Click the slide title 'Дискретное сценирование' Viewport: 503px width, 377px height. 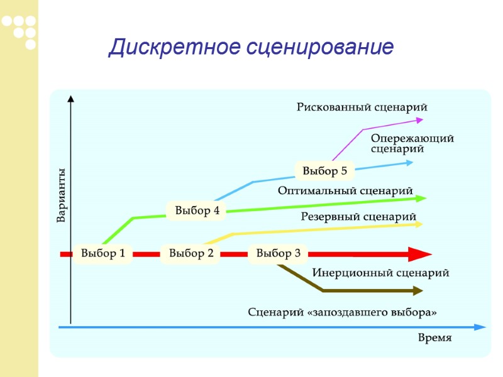point(251,48)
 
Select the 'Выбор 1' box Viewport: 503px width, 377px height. point(103,254)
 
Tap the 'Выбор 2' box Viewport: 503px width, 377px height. point(191,254)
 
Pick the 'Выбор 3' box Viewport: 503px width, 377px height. point(279,254)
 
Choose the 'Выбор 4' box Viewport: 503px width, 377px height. point(197,210)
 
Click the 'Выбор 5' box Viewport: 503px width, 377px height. point(324,170)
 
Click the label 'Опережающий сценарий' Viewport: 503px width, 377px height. point(412,143)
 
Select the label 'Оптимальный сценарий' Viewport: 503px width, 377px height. point(345,190)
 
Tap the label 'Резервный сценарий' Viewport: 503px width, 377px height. point(358,217)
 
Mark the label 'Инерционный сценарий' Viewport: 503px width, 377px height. point(380,273)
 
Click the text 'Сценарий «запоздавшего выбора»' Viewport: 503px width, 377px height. point(342,312)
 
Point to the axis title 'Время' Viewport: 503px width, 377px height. point(434,338)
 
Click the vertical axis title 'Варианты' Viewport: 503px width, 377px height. point(62,195)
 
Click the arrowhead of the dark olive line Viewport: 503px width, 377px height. point(417,290)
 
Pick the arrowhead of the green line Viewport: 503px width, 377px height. point(421,199)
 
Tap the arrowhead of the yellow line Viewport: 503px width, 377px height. point(418,224)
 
